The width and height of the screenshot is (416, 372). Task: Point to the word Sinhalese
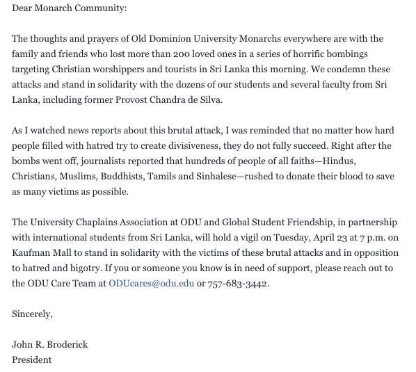pyautogui.click(x=228, y=176)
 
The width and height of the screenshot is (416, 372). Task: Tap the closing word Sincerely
pyautogui.click(x=32, y=314)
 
